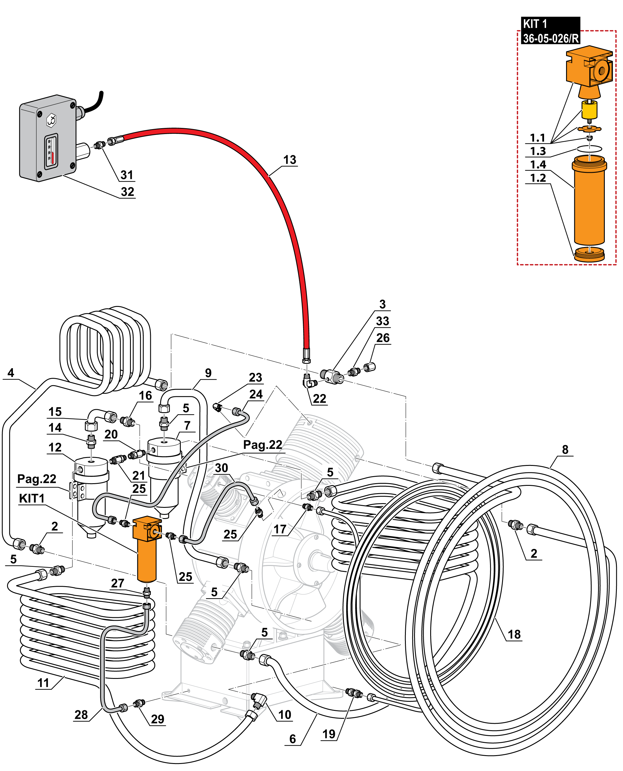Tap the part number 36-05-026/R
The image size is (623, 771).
coord(551,38)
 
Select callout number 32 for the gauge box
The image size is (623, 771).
coord(127,192)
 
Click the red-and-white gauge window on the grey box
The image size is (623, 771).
coord(51,151)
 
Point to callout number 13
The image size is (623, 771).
coord(290,160)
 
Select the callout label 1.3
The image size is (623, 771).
coord(538,151)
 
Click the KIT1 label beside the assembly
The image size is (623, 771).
coord(32,498)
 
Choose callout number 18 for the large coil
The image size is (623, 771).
coord(514,634)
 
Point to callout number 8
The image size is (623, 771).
coord(565,449)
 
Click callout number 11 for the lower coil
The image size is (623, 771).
coord(43,683)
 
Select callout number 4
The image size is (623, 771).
coord(11,373)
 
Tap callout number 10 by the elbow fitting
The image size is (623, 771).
coord(285,715)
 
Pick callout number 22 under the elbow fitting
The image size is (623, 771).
coord(319,399)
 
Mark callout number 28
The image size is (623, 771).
coord(81,715)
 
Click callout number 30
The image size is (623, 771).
coord(222,468)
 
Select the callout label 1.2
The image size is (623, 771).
coord(538,178)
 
